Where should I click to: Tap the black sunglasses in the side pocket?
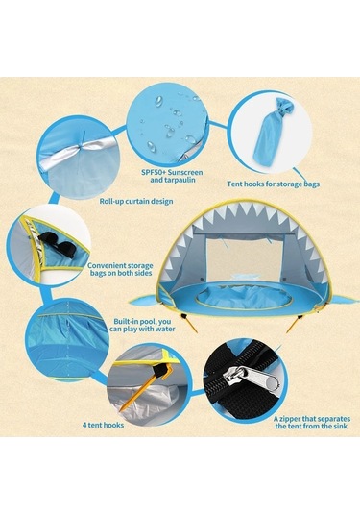tap(58, 241)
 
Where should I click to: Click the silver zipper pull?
tap(252, 378)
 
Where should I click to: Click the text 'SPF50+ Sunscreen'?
tap(172, 172)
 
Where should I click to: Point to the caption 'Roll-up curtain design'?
tap(136, 201)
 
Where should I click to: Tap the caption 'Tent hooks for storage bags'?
tap(274, 184)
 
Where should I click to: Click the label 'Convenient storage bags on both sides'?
tap(120, 269)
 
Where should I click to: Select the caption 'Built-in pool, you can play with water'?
tap(142, 325)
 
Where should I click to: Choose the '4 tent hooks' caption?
tap(103, 426)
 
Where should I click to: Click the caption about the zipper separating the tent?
tap(312, 423)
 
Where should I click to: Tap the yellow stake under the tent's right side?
tap(293, 325)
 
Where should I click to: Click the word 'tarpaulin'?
tap(173, 180)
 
